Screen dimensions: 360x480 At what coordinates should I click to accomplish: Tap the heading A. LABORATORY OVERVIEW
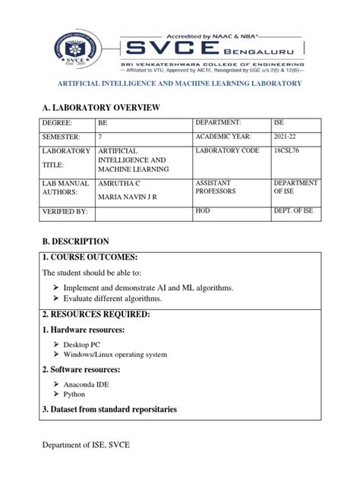coord(100,109)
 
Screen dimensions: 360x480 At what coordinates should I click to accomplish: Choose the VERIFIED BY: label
coord(66,212)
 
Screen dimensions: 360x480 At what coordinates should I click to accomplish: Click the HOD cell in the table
coord(203,211)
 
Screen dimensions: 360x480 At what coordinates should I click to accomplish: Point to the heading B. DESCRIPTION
coord(76,241)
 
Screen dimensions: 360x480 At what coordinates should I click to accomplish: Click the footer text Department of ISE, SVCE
coord(86,444)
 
